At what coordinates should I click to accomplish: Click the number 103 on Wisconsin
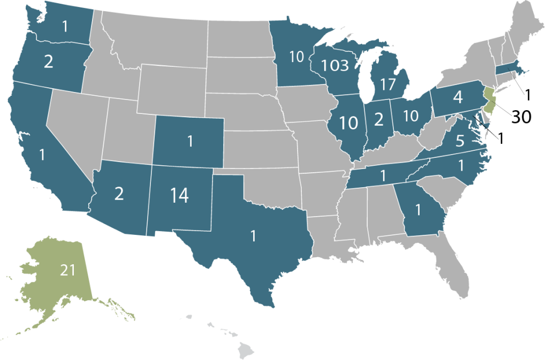click(335, 66)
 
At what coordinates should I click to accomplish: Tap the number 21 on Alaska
click(67, 271)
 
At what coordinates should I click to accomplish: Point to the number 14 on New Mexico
click(179, 196)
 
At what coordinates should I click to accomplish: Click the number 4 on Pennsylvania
click(457, 98)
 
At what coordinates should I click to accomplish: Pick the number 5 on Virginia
click(460, 142)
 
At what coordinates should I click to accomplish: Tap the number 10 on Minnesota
click(296, 57)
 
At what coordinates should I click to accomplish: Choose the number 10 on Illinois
click(348, 123)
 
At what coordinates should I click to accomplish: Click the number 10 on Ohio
click(410, 116)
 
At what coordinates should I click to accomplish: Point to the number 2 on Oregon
click(48, 62)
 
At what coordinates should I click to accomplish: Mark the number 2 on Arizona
click(119, 194)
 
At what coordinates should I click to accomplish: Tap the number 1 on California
click(42, 155)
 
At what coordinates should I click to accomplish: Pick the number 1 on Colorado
click(189, 142)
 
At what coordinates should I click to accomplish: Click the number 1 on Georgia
click(418, 209)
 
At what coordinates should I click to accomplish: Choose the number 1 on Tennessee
click(383, 175)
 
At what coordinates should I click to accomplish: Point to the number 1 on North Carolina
click(461, 165)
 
